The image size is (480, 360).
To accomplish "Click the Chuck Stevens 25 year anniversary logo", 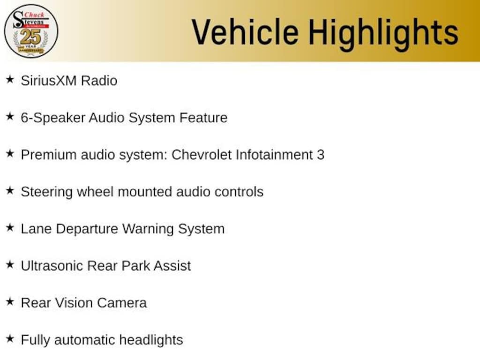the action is point(31,31).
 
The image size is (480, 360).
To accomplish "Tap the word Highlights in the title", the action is point(383,34).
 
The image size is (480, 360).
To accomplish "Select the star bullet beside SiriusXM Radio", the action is point(10,80).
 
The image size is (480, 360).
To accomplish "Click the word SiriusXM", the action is point(49,81).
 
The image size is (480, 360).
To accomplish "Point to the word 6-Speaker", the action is point(53,118).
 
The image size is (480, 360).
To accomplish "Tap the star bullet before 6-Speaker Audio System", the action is point(10,117).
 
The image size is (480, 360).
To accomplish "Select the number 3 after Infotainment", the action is point(321,155).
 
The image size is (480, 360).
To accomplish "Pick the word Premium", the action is point(49,155).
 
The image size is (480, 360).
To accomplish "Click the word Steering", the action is point(47,192).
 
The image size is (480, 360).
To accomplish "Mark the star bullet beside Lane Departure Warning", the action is point(10,228).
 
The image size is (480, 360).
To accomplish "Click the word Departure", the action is point(87,229).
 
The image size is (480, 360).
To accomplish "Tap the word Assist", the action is point(172,266).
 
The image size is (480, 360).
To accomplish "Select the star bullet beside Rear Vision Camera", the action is point(10,302).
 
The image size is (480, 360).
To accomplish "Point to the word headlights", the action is point(151,340).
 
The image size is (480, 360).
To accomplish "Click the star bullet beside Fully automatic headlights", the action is point(10,339).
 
